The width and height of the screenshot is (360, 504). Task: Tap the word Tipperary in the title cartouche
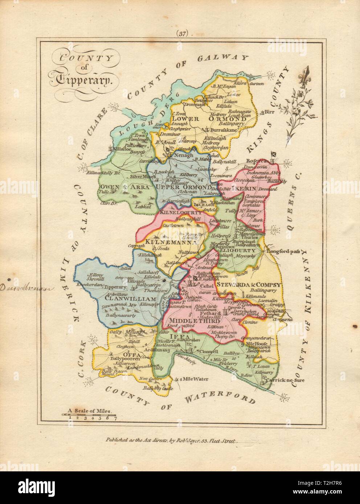point(82,81)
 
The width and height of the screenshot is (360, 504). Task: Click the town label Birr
point(268,111)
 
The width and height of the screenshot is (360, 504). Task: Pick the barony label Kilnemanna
point(167,241)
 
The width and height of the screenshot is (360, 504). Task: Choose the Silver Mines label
point(137,175)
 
